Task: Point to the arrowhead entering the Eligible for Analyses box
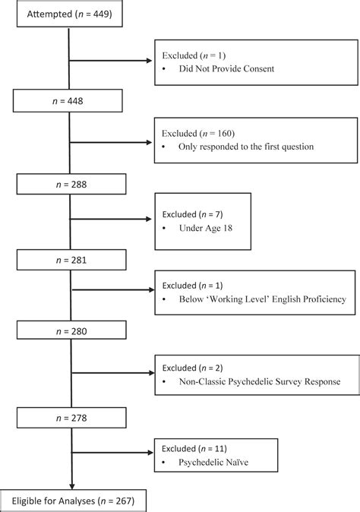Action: pos(71,487)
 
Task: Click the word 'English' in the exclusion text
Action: pos(279,299)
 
